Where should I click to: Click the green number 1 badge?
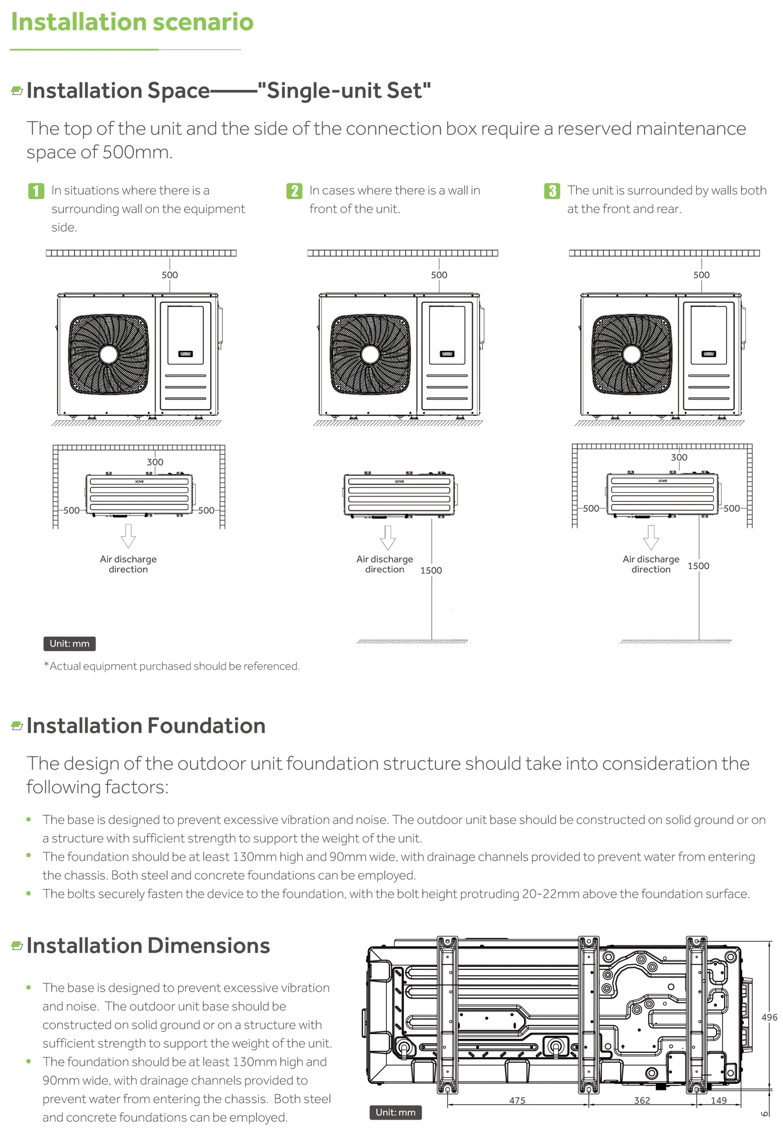(x=36, y=191)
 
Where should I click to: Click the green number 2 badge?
(x=294, y=191)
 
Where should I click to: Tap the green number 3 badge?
(x=552, y=191)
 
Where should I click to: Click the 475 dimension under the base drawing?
(x=517, y=1100)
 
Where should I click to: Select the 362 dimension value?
(x=642, y=1100)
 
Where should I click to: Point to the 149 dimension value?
(x=719, y=1100)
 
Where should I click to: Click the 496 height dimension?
(x=769, y=1017)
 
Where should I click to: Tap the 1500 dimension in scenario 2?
(x=431, y=570)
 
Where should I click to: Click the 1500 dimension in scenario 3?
(x=698, y=566)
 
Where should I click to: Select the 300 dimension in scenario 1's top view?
(x=155, y=462)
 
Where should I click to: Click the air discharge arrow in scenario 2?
(x=387, y=537)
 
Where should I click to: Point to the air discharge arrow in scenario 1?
(x=128, y=536)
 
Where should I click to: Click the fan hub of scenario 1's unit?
(x=109, y=355)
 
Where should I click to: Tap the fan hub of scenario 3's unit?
(x=632, y=355)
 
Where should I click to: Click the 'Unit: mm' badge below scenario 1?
(x=69, y=643)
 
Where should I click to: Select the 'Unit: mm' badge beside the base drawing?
(x=395, y=1112)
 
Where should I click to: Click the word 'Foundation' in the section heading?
(x=207, y=726)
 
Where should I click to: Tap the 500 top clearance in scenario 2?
(x=439, y=275)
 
